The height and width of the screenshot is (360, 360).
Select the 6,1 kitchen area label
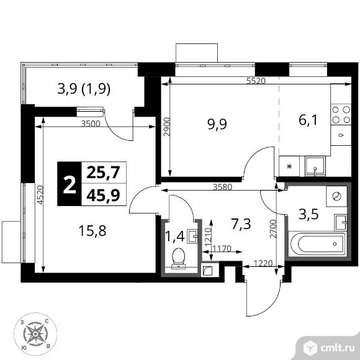(308, 120)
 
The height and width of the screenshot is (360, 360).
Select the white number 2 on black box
(70, 183)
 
